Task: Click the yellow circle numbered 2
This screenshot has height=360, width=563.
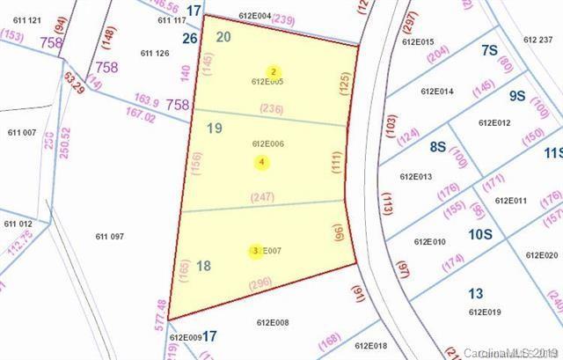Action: (x=274, y=71)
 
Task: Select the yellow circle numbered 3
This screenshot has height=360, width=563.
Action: (x=255, y=251)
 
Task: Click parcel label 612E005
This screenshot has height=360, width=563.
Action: (x=267, y=82)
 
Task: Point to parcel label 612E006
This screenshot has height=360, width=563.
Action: (x=267, y=143)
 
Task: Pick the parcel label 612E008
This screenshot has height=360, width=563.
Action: (x=272, y=322)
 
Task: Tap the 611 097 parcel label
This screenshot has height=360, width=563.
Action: (x=110, y=236)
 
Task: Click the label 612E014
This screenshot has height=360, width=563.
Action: (x=437, y=92)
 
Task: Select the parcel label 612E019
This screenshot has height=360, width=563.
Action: (x=485, y=312)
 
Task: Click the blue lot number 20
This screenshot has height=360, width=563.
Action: (x=223, y=36)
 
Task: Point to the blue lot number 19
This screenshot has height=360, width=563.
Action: (x=214, y=129)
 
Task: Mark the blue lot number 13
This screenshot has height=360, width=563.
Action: (x=476, y=294)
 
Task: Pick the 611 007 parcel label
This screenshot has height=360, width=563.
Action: (x=22, y=132)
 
